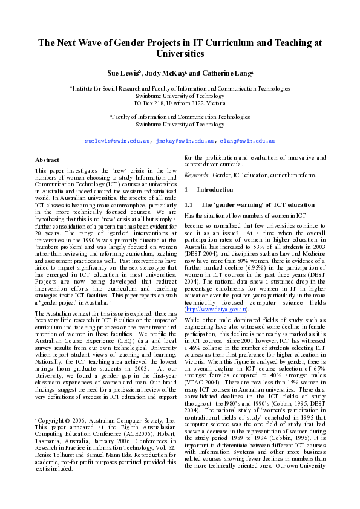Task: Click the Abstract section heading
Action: coord(47,160)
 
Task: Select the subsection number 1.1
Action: coord(188,204)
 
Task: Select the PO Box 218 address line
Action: coord(180,103)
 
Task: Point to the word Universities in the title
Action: coord(180,54)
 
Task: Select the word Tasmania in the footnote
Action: coord(48,446)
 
